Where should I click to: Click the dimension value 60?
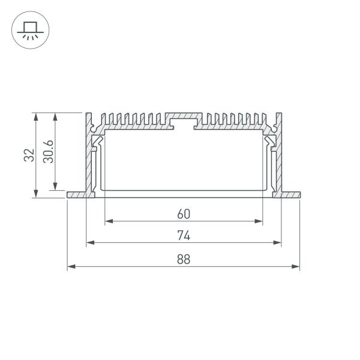pos(184,214)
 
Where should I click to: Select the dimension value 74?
pos(184,235)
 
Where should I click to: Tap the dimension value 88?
pos(184,259)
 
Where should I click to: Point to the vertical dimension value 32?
pos(29,155)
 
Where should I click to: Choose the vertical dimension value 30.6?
pos(48,152)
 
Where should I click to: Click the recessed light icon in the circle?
pos(31,31)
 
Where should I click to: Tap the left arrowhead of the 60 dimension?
pos(109,221)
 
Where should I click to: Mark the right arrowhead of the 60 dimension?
pos(259,221)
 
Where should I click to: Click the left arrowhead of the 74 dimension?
pos(90,242)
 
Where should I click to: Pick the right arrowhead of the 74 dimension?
pos(277,242)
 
